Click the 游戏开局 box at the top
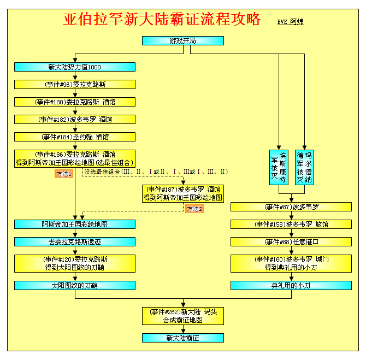[183, 40]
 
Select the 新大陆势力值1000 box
[75, 67]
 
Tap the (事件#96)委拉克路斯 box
[75, 85]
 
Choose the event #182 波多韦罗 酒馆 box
[75, 119]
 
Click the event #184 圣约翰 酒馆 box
[75, 137]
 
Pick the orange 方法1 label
[64, 174]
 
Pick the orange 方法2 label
[194, 209]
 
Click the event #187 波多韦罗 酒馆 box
[183, 193]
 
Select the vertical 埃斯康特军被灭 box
[279, 167]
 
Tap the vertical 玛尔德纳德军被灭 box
[304, 167]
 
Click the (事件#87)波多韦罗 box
[291, 207]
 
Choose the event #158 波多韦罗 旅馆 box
[291, 225]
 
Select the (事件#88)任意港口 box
[291, 242]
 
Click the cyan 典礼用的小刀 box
[291, 286]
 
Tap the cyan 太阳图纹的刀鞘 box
[75, 286]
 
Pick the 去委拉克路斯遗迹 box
[75, 242]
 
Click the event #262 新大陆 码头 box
[183, 316]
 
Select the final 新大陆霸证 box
[183, 338]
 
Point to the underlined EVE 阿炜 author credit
[291, 22]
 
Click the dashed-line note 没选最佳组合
[156, 172]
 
